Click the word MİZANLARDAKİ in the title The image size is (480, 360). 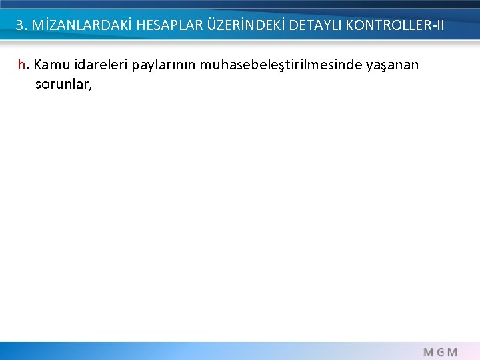[75, 26]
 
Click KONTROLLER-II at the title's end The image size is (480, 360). [395, 26]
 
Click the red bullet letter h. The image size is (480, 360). [23, 65]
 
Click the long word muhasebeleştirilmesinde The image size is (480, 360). [275, 65]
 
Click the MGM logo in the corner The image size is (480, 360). [440, 352]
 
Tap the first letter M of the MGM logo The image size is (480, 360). [428, 352]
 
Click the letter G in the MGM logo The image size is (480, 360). [440, 352]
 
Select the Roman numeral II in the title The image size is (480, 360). [438, 26]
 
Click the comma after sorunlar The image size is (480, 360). [89, 88]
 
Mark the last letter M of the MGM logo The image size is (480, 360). [453, 352]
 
